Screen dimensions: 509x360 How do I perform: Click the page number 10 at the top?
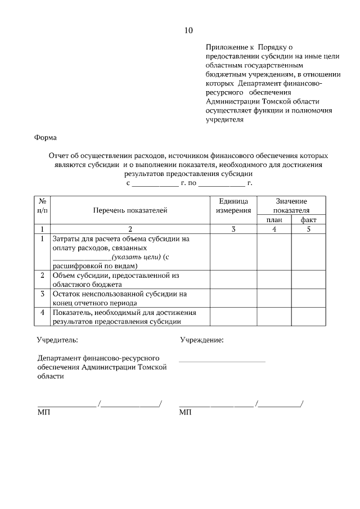[188, 30]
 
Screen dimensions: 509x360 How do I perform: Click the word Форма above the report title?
[46, 137]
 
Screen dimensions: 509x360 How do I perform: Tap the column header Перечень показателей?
[130, 210]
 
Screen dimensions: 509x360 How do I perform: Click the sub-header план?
[274, 220]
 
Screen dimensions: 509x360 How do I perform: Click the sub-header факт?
[308, 220]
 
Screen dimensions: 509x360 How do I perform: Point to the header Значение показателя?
[291, 206]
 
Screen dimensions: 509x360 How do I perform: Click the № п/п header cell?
[42, 206]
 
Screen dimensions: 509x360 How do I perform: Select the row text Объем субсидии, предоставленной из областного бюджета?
[116, 280]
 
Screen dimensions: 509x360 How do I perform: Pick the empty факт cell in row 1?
[308, 252]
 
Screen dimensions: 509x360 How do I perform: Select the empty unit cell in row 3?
[233, 298]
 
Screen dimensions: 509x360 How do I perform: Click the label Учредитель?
[57, 340]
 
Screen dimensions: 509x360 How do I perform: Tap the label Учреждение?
[201, 340]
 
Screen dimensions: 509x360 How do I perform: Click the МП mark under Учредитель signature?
[43, 413]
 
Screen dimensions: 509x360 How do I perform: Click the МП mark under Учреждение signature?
[185, 413]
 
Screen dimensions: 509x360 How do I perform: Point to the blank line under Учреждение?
[222, 361]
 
